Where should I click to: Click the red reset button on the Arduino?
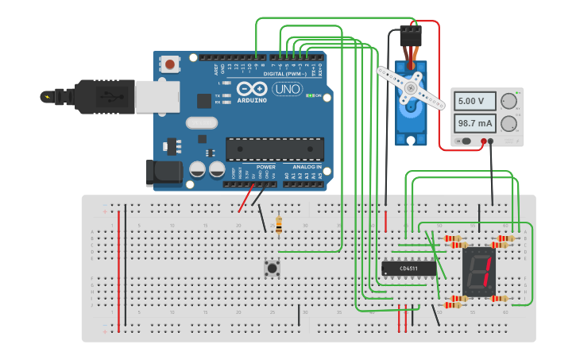point(169,64)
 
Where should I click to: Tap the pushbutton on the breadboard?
point(273,268)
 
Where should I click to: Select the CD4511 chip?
point(409,269)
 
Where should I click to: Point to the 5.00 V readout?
point(474,101)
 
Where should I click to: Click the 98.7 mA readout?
point(474,123)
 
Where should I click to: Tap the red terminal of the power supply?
point(483,141)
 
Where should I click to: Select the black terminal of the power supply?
point(491,141)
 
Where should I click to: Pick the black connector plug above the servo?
point(411,36)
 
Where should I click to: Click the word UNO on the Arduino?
point(287,89)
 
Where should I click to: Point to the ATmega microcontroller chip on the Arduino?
point(274,149)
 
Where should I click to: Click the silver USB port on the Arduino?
point(151,96)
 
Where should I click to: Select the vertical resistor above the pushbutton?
point(278,226)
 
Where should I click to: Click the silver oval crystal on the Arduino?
point(202,123)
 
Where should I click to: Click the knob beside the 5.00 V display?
point(508,101)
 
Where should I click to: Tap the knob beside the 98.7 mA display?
point(508,123)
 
